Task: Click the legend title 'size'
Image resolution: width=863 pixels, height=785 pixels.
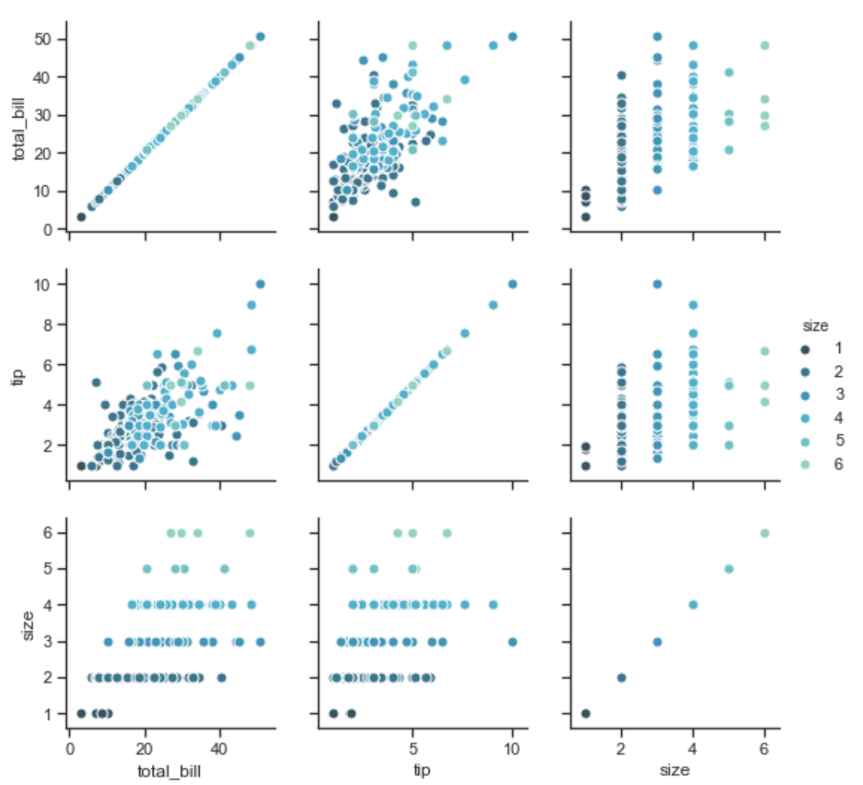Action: [x=815, y=326]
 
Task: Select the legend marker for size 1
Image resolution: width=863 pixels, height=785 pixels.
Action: [x=805, y=349]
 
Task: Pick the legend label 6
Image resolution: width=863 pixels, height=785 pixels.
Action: [x=838, y=464]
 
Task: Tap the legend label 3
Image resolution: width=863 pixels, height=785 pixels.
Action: [x=839, y=394]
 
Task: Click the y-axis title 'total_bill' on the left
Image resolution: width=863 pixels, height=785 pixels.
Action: [x=19, y=130]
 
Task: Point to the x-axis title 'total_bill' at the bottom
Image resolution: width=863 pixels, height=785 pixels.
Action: [x=169, y=771]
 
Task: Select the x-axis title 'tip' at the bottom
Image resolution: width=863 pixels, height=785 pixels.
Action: [x=422, y=771]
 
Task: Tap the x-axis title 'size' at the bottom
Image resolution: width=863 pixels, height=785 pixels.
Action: [x=674, y=770]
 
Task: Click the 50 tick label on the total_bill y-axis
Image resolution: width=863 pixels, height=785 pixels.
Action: [x=42, y=40]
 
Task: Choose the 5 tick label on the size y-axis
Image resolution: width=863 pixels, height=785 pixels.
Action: [x=48, y=569]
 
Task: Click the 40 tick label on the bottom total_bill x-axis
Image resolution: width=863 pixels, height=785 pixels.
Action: [x=220, y=749]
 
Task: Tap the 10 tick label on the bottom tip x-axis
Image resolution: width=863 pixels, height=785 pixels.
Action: [x=512, y=749]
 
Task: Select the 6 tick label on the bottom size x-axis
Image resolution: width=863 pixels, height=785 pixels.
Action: [x=764, y=749]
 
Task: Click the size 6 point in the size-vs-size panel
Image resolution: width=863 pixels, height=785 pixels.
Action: [x=764, y=533]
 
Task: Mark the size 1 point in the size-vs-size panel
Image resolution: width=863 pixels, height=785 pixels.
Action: [x=585, y=713]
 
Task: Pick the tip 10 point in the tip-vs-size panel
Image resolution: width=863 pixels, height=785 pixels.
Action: [x=657, y=284]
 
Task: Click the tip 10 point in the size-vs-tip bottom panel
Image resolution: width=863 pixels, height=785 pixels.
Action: [x=512, y=642]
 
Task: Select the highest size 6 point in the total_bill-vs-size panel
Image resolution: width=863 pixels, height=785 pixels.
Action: [x=764, y=45]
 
